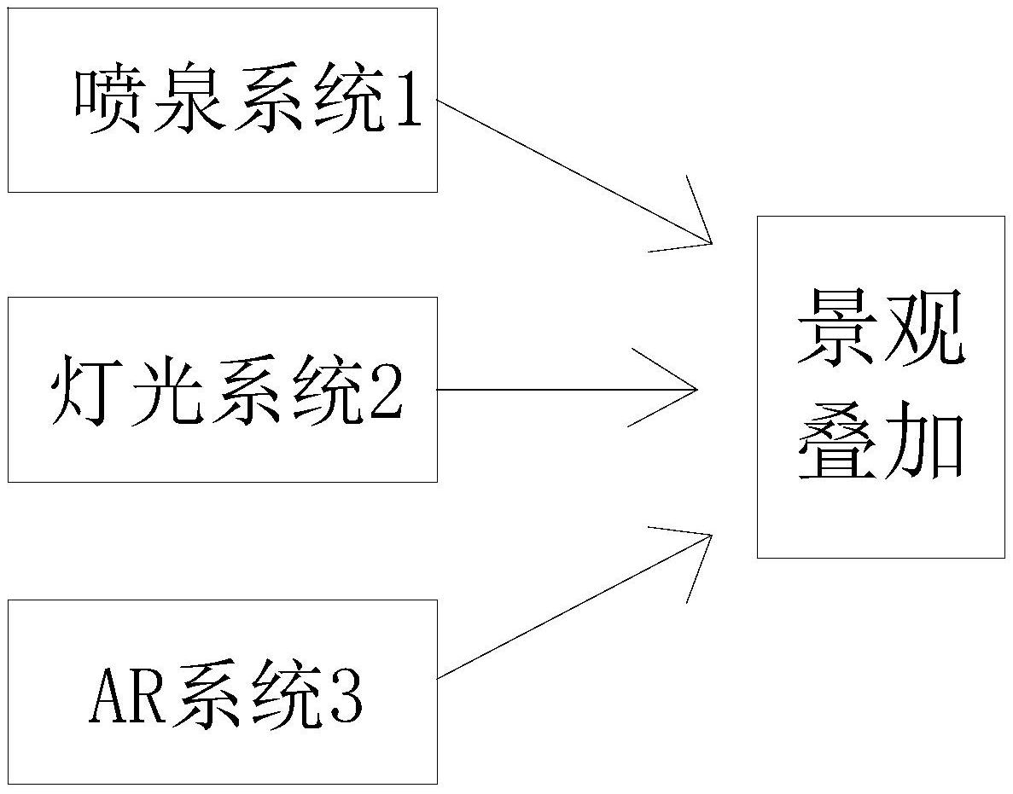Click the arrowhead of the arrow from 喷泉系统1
click(711, 243)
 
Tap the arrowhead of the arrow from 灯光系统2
click(697, 389)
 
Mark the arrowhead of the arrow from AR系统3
click(711, 535)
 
